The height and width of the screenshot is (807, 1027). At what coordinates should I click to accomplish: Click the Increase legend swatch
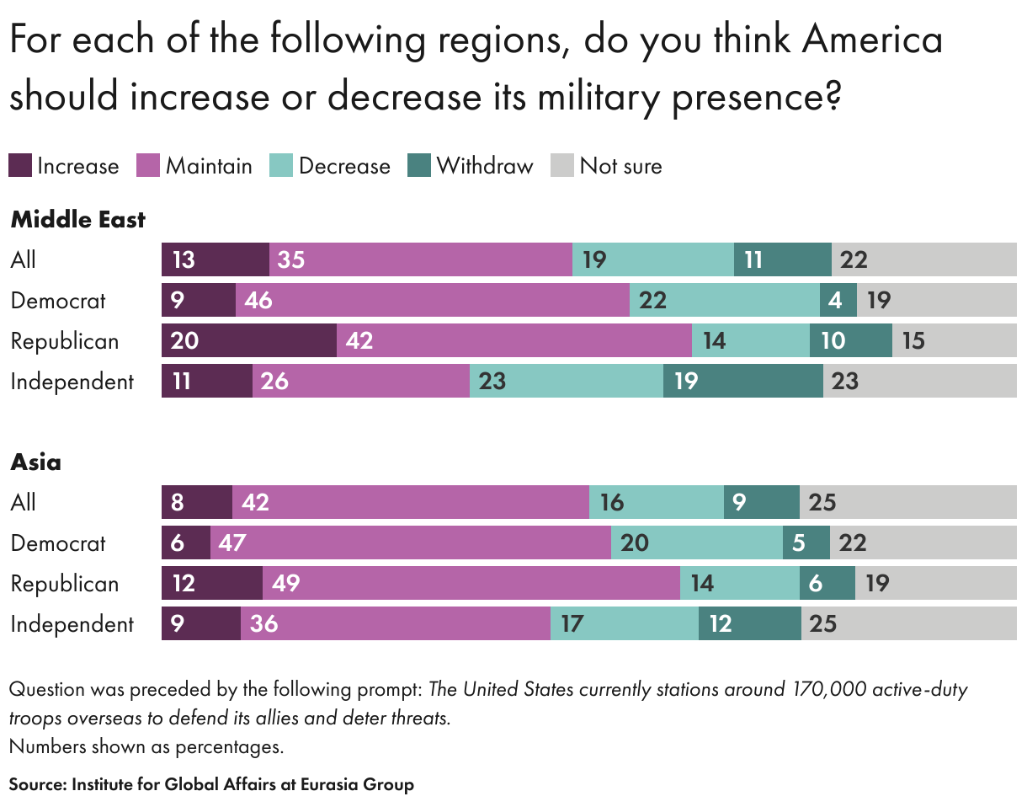[20, 166]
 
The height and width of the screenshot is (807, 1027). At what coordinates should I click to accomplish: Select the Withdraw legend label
[485, 166]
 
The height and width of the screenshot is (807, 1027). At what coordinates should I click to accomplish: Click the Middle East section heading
[77, 220]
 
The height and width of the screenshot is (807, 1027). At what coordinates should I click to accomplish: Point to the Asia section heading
[35, 462]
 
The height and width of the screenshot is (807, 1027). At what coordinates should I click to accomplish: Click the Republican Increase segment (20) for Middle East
[248, 340]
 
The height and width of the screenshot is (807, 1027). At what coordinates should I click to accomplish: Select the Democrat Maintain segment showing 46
[432, 300]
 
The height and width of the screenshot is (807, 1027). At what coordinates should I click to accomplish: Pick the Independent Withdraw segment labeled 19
[742, 381]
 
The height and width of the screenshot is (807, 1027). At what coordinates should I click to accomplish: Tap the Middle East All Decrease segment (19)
[652, 259]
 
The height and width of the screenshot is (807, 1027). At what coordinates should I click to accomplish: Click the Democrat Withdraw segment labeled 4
[838, 300]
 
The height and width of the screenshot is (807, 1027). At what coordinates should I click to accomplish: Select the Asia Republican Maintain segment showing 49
[471, 583]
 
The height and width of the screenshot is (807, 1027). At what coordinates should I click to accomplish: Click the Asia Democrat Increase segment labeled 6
[185, 542]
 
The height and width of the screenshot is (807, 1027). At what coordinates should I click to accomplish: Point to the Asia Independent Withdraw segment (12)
[749, 623]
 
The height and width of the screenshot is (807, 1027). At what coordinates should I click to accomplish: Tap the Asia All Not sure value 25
[822, 502]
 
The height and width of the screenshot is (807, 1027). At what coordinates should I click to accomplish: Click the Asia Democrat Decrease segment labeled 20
[696, 542]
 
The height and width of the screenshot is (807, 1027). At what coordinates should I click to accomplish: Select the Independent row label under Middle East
[72, 381]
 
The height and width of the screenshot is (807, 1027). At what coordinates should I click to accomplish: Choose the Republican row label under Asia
[64, 583]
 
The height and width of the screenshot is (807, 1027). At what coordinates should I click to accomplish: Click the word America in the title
[871, 40]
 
